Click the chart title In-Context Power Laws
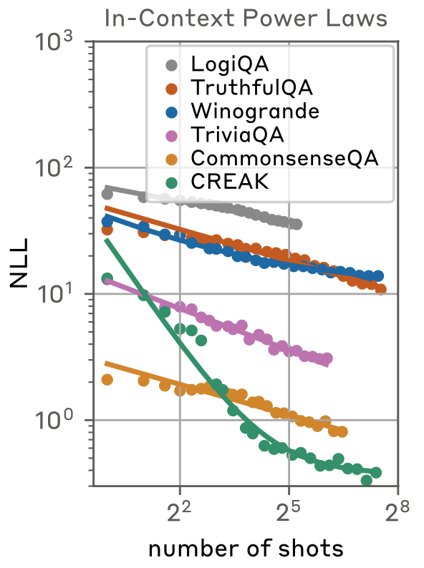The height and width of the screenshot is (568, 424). pyautogui.click(x=246, y=18)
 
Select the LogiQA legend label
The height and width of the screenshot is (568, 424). pyautogui.click(x=230, y=64)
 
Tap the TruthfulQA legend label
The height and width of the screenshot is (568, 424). pyautogui.click(x=251, y=87)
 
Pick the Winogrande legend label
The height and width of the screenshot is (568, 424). pyautogui.click(x=255, y=111)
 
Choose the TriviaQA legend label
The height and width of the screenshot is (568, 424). pyautogui.click(x=237, y=134)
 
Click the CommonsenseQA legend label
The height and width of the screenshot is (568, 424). pyautogui.click(x=285, y=158)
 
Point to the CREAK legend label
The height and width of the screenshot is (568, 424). pyautogui.click(x=230, y=182)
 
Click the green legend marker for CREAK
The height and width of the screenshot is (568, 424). pyautogui.click(x=172, y=182)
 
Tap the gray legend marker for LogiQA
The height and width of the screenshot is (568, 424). pyautogui.click(x=172, y=65)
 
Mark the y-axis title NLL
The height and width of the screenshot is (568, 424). pyautogui.click(x=19, y=263)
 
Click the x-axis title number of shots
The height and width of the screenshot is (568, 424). pyautogui.click(x=246, y=549)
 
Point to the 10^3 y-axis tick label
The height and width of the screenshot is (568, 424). pyautogui.click(x=54, y=42)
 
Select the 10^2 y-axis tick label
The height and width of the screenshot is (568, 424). pyautogui.click(x=54, y=168)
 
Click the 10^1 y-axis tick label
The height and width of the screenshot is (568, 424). pyautogui.click(x=54, y=294)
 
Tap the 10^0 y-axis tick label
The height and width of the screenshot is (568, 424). pyautogui.click(x=54, y=420)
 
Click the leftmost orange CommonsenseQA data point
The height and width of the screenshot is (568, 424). pyautogui.click(x=107, y=380)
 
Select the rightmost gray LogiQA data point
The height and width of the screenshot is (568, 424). pyautogui.click(x=297, y=225)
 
